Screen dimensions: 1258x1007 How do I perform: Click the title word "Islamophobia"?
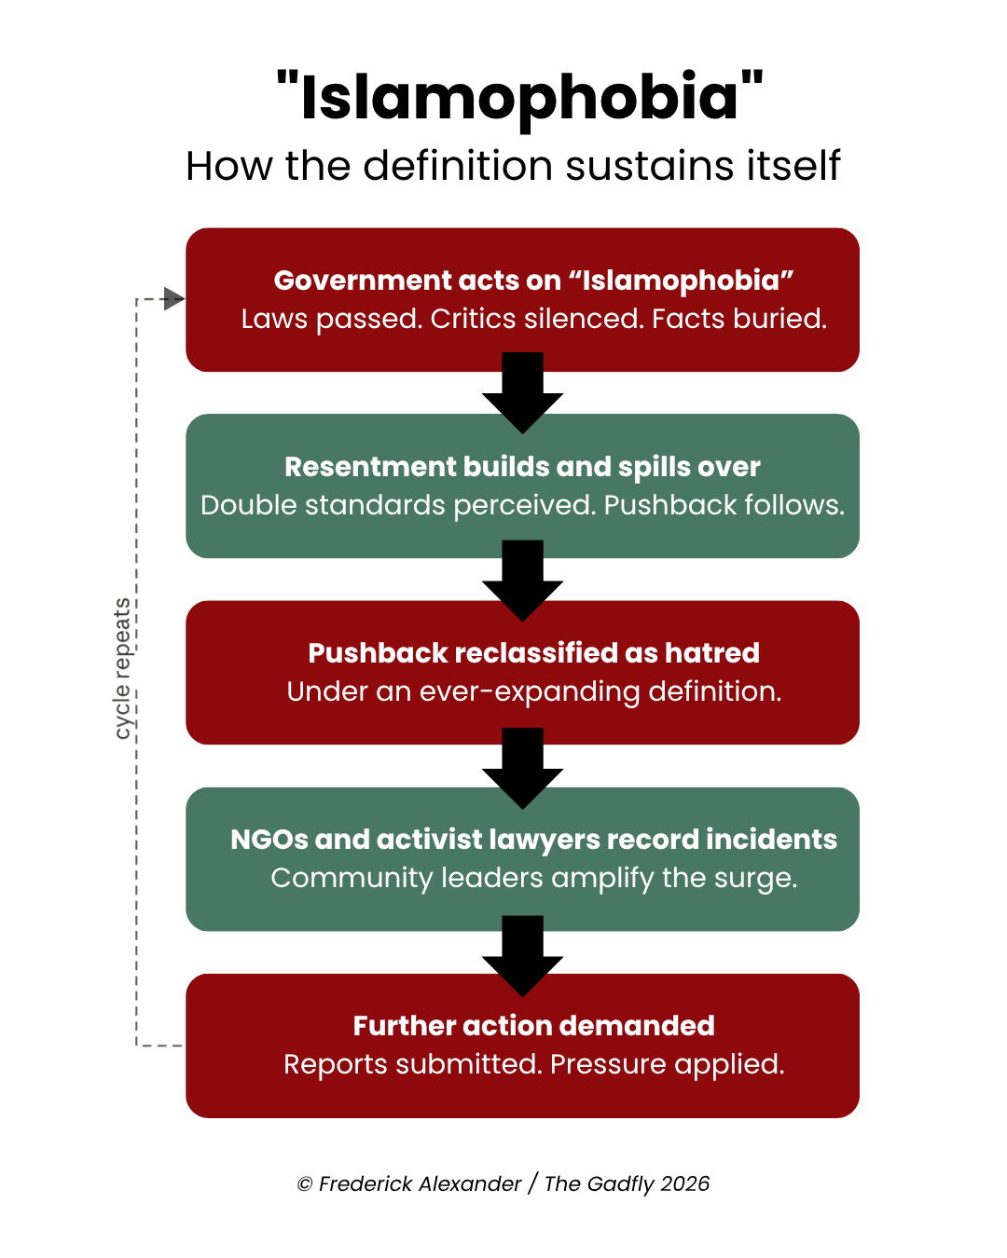(x=519, y=97)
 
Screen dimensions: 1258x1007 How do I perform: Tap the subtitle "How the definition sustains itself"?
(x=513, y=166)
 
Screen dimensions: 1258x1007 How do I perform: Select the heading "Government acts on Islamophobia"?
(x=533, y=280)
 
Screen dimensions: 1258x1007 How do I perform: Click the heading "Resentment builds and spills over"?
(x=522, y=466)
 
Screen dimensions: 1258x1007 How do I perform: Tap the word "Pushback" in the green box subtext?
(x=662, y=505)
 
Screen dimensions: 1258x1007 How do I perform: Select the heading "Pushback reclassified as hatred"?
(x=533, y=652)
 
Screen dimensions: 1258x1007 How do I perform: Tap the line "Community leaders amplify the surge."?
(x=533, y=878)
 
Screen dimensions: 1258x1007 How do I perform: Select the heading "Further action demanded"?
(x=533, y=1025)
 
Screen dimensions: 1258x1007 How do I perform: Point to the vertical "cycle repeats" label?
(x=122, y=669)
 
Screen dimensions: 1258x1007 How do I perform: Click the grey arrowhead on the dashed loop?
(x=173, y=299)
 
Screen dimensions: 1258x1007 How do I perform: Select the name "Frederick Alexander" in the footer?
(x=420, y=1183)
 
